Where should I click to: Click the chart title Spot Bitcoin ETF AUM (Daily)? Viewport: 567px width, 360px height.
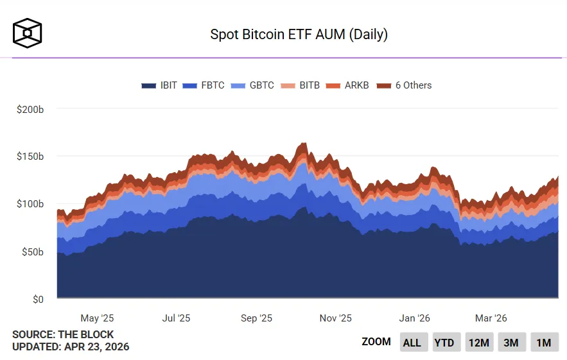click(x=299, y=34)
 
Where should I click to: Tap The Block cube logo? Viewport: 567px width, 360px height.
click(x=27, y=33)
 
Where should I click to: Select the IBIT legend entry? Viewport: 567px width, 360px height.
click(x=159, y=85)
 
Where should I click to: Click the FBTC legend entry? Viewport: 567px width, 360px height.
click(x=204, y=85)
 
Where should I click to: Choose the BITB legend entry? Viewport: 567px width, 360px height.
click(x=301, y=85)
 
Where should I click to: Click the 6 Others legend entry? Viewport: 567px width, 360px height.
click(x=404, y=85)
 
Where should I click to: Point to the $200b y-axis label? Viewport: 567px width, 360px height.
click(x=30, y=109)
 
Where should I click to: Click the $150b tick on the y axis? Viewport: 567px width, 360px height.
click(x=30, y=157)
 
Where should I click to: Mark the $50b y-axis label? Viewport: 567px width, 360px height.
click(x=32, y=252)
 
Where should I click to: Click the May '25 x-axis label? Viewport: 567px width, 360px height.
click(x=97, y=318)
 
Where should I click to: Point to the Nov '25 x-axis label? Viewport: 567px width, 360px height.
click(x=335, y=318)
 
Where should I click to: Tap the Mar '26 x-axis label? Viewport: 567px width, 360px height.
click(x=491, y=318)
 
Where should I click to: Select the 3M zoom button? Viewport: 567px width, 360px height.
click(x=510, y=343)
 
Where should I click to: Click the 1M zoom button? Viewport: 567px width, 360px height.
click(x=543, y=343)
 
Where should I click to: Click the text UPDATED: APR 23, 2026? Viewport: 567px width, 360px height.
click(x=71, y=347)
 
